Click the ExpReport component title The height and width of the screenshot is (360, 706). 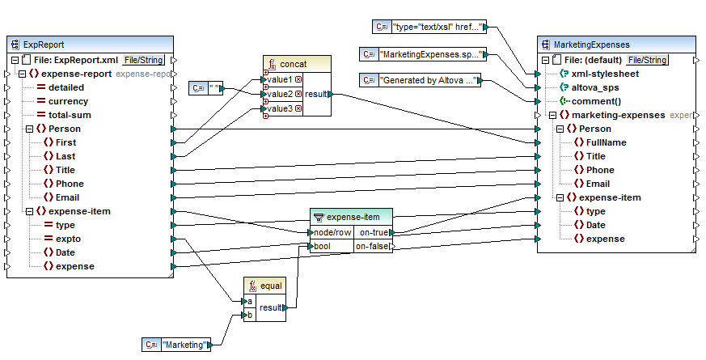click(x=45, y=44)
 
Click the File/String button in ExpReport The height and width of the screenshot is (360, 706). click(x=143, y=60)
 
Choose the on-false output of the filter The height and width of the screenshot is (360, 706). click(x=373, y=246)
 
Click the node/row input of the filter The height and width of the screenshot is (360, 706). click(x=332, y=232)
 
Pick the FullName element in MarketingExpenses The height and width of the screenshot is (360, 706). click(x=607, y=142)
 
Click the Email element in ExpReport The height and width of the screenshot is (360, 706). click(x=67, y=197)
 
